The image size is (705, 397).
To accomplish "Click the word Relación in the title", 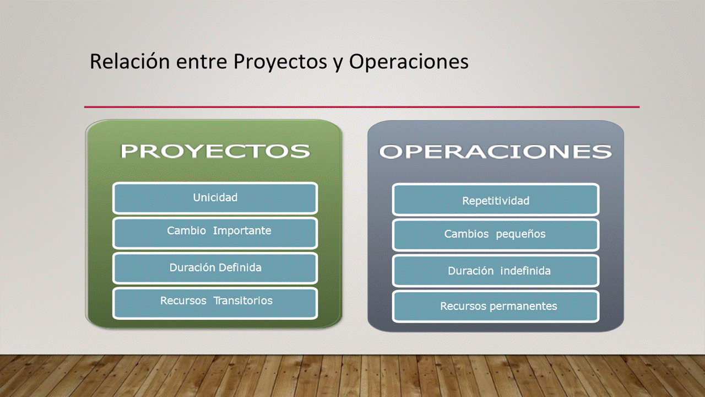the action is [x=130, y=61].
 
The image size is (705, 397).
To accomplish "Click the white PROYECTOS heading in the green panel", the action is [x=215, y=151].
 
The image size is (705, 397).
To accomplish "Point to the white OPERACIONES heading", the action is [x=495, y=152].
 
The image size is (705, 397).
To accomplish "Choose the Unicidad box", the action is [x=215, y=198].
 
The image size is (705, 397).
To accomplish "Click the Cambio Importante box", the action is [x=215, y=233].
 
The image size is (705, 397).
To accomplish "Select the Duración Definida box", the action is [x=215, y=268].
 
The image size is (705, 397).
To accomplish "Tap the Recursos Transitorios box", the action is [x=215, y=303].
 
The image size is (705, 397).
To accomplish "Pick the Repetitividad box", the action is [x=496, y=200].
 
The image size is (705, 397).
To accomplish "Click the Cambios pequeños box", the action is [x=496, y=235].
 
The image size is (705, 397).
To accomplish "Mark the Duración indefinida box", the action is [x=496, y=271].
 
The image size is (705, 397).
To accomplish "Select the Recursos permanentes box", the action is [x=496, y=307].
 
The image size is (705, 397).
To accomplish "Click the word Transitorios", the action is [x=243, y=301].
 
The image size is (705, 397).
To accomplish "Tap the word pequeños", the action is [x=520, y=234].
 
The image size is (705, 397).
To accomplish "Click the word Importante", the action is [x=242, y=230].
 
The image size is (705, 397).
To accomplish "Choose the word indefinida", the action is [x=525, y=271].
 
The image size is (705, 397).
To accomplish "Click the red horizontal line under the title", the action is [x=362, y=107].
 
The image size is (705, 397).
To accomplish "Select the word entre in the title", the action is [x=202, y=62].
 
